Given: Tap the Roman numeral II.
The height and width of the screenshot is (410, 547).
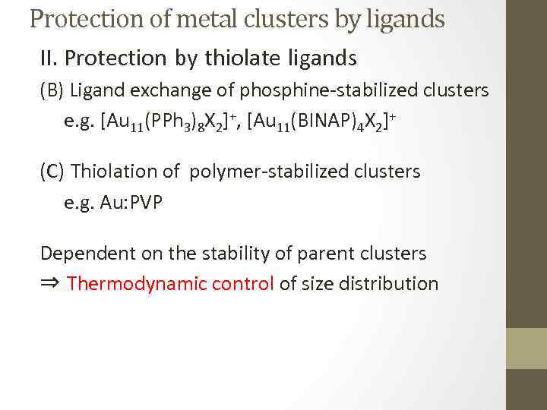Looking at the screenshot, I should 49,58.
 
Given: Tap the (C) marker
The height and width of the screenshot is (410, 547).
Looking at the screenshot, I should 52,172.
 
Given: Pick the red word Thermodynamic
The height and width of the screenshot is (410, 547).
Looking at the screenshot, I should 126,284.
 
